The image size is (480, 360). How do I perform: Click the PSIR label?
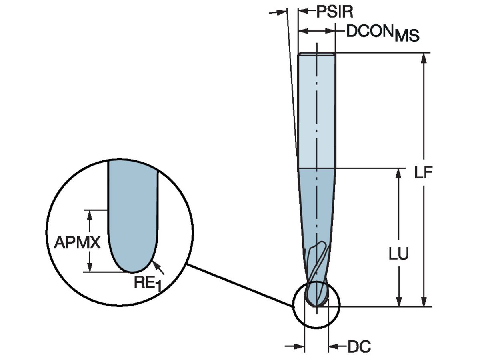coord(335,12)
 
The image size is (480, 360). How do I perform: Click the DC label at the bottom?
coord(359,347)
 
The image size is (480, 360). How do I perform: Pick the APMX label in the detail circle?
coord(77,242)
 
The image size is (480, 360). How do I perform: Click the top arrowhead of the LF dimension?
coord(424,58)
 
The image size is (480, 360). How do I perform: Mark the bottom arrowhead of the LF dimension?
coord(424,302)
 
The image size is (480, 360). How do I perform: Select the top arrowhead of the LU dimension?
coord(398,173)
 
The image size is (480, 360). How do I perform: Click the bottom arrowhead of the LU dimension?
coord(398,302)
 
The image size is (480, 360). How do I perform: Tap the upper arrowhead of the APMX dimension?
coord(90,214)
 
